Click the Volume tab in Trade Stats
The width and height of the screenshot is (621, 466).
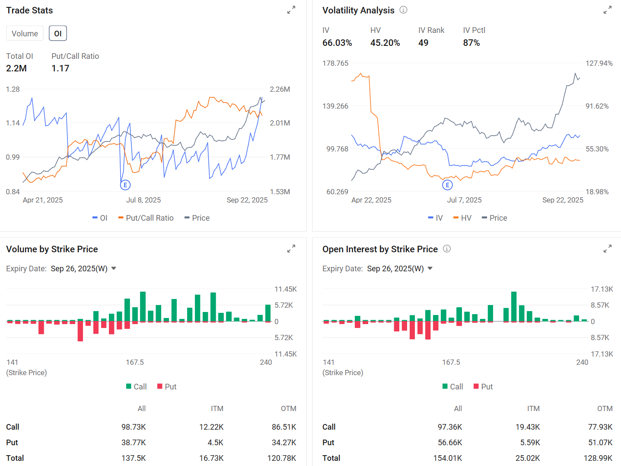point(25,33)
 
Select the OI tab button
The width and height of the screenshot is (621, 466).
point(58,33)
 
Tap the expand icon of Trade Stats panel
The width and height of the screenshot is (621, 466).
point(291,10)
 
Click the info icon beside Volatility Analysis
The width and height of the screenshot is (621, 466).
point(403,10)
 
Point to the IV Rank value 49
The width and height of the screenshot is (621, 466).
point(423,43)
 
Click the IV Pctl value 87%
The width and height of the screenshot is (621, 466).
point(471,43)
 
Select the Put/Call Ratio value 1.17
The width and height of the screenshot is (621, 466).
point(60,68)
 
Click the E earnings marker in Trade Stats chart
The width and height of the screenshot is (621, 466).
point(125,185)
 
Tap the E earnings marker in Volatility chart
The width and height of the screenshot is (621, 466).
point(447,185)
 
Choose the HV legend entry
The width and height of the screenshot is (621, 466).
point(462,218)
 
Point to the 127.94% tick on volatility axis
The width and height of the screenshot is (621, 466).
point(599,63)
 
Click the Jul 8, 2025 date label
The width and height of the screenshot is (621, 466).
point(143,200)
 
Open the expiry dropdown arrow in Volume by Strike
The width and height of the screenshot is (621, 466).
point(114,268)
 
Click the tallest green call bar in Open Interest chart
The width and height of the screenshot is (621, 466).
point(514,306)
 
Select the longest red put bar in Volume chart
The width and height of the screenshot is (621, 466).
point(80,331)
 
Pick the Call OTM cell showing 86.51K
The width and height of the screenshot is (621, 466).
point(283,427)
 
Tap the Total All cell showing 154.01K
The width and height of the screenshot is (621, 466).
point(448,458)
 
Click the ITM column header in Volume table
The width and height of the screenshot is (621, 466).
point(217,408)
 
